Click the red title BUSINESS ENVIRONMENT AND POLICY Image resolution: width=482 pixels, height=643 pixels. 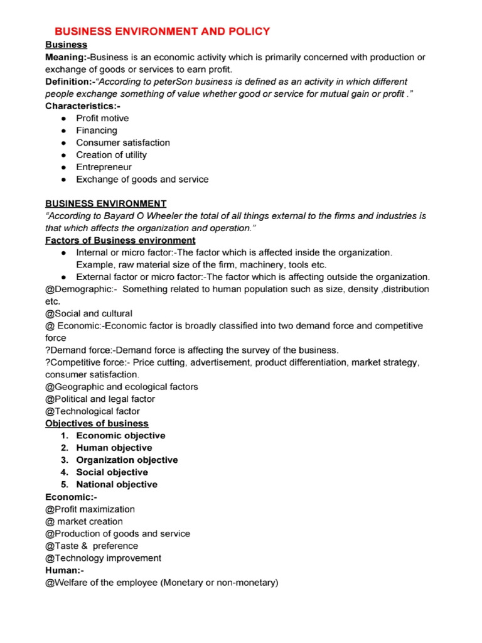163,31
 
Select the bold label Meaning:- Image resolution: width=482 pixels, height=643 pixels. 67,57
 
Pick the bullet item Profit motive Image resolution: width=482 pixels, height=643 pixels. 102,118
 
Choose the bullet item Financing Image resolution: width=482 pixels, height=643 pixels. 97,131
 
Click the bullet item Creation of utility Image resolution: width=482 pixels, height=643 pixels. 111,155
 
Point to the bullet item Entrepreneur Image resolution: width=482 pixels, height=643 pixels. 104,167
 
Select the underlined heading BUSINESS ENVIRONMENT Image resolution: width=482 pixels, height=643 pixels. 105,203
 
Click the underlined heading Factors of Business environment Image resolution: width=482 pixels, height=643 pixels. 120,240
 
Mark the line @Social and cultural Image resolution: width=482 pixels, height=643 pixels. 88,313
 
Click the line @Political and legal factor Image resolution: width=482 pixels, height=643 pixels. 100,399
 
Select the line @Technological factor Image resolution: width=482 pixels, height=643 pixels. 92,411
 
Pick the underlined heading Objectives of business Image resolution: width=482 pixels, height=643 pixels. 97,423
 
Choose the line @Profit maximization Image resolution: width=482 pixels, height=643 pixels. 90,509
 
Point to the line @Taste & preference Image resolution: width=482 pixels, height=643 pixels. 92,546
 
